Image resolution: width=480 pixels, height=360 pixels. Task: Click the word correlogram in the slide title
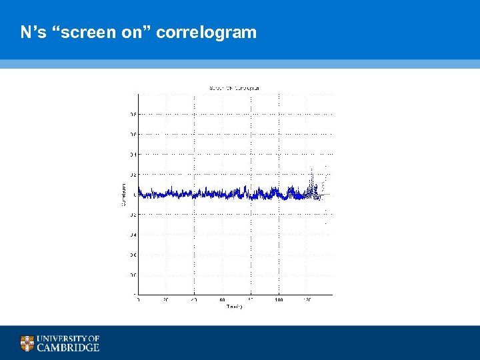click(x=207, y=32)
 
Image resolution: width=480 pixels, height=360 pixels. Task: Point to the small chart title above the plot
click(x=234, y=88)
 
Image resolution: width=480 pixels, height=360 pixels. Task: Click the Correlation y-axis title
click(x=123, y=194)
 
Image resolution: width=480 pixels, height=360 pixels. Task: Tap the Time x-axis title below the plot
click(x=234, y=307)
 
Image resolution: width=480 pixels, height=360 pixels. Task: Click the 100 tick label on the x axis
click(x=279, y=300)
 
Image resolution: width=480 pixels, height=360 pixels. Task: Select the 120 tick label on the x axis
click(x=307, y=300)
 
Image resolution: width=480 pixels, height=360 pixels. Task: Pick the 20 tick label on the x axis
click(x=166, y=300)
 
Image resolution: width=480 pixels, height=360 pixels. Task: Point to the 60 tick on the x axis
click(x=222, y=300)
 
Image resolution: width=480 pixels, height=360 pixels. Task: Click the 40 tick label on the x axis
click(x=194, y=300)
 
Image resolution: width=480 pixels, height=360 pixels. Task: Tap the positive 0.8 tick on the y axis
click(x=133, y=114)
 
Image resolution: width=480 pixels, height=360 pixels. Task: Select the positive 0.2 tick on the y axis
click(x=133, y=175)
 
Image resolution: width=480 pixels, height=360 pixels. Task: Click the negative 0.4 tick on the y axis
click(x=133, y=235)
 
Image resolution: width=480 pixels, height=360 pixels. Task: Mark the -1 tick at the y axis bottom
click(x=135, y=294)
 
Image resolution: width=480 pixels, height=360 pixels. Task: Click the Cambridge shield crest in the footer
click(x=27, y=343)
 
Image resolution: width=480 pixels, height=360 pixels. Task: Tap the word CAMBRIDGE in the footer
click(x=68, y=347)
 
